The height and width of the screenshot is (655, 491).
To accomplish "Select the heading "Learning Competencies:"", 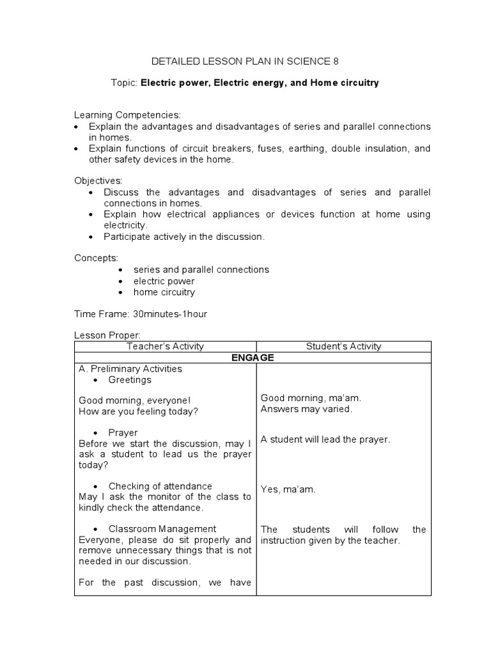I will coord(127,114).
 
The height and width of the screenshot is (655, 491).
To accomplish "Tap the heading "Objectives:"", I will coord(98,181).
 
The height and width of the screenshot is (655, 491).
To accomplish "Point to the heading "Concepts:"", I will coord(96,258).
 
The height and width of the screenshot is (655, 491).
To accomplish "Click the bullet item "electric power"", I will coord(164,281).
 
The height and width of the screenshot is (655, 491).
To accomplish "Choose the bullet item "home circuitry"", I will coord(164,292).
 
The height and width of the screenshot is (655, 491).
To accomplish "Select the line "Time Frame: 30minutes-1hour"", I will coord(141,314).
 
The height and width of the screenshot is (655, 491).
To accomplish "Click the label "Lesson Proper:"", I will coord(107,335).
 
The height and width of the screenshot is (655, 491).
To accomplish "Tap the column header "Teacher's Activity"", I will coord(165,346).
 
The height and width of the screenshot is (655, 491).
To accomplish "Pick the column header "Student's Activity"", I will coord(343,346).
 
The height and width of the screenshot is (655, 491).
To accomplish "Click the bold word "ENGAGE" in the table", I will coord(253,358).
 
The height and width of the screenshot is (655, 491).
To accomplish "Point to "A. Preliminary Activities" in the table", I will coord(130,368).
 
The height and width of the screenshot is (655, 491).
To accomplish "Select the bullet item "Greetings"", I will coord(130,380).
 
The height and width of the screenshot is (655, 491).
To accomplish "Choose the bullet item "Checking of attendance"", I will coord(160,486).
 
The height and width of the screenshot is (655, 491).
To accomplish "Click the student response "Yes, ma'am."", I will coord(288,489).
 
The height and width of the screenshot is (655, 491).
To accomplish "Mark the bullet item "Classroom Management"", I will coord(162,529).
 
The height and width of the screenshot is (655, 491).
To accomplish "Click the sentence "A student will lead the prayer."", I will coord(325,439).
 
